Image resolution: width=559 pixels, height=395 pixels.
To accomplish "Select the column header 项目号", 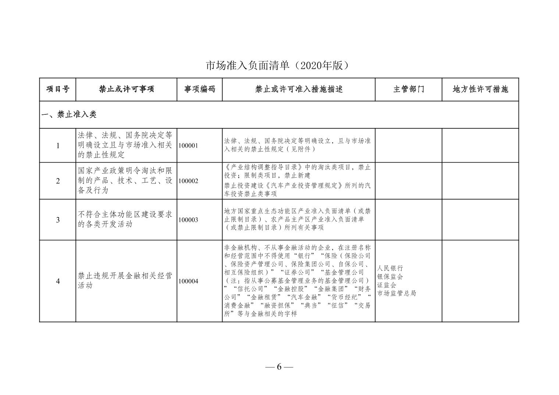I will pyautogui.click(x=58, y=89).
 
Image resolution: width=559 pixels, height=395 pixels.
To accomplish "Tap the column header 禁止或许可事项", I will pyautogui.click(x=126, y=89).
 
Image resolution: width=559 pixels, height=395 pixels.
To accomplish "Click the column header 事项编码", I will pyautogui.click(x=200, y=89).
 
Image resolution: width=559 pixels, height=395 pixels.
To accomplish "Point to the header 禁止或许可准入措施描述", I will pyautogui.click(x=299, y=89).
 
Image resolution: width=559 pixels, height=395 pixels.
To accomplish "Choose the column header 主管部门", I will pyautogui.click(x=409, y=89).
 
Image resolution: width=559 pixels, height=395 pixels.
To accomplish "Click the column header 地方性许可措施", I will pyautogui.click(x=480, y=89).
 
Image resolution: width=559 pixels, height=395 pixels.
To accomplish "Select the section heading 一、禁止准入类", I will pyautogui.click(x=69, y=115).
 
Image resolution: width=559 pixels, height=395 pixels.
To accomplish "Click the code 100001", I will pyautogui.click(x=188, y=146).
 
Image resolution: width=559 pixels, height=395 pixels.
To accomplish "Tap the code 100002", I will pyautogui.click(x=188, y=181).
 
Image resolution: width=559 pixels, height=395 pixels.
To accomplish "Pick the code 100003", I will pyautogui.click(x=188, y=220).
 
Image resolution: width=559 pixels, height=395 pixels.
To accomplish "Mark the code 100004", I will pyautogui.click(x=188, y=281).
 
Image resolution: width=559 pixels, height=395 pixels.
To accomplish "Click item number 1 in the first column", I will pyautogui.click(x=58, y=146).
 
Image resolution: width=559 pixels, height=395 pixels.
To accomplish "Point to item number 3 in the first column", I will pyautogui.click(x=58, y=220).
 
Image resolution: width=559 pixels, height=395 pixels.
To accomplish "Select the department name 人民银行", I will pyautogui.click(x=390, y=268).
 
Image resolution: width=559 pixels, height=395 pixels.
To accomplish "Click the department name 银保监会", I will pyautogui.click(x=390, y=277).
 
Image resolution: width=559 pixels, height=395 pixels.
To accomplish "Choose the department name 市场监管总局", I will pyautogui.click(x=396, y=293).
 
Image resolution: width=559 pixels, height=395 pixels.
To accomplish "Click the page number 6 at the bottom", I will pyautogui.click(x=279, y=367).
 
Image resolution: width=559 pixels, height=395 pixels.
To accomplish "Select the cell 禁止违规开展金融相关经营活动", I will pyautogui.click(x=125, y=281).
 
